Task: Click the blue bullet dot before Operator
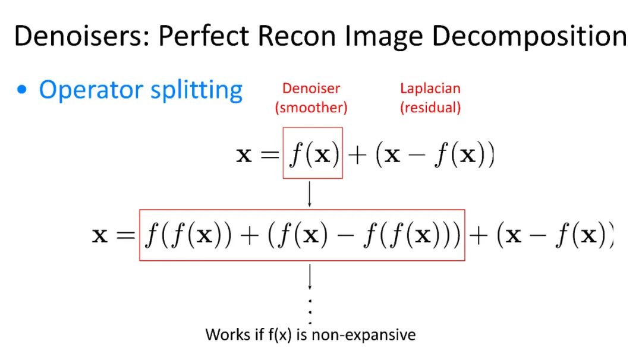pos(23,91)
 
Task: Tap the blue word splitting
pos(199,90)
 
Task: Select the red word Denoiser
pos(311,89)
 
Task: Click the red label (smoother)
pos(311,108)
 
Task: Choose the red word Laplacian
pos(430,89)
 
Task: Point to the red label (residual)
pos(430,108)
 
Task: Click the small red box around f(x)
pos(313,153)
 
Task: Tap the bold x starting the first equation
pos(244,156)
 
